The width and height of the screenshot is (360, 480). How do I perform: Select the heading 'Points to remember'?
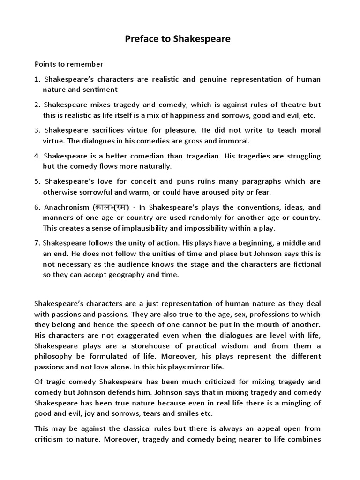68,64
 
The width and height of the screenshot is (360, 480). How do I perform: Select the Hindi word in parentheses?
111,207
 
